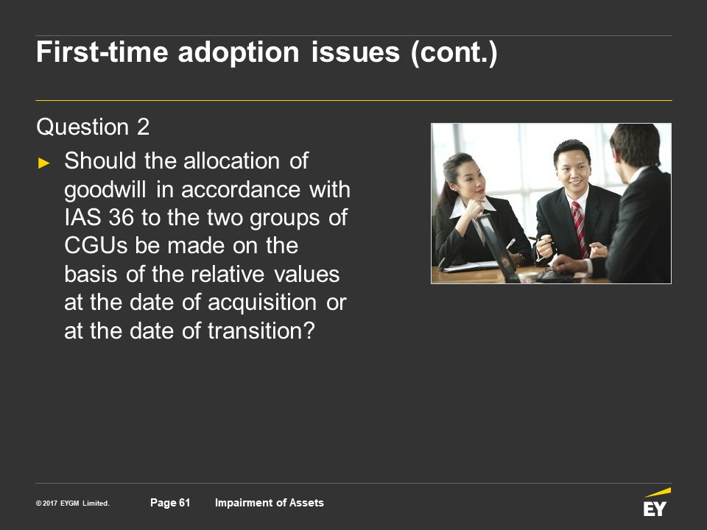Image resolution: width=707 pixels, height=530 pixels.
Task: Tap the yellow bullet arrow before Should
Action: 44,163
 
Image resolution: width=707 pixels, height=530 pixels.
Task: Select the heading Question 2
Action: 93,127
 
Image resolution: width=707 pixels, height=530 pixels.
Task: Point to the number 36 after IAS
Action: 121,217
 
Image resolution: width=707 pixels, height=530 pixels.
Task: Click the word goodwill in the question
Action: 105,191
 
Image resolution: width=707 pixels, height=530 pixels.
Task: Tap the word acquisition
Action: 262,303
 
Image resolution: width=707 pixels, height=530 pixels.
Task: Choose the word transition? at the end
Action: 261,331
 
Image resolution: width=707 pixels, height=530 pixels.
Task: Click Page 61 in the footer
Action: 170,503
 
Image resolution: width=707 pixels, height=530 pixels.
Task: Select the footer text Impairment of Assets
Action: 270,503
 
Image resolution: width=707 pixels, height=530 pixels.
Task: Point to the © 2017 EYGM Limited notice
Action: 73,503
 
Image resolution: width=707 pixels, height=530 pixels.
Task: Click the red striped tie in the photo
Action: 579,228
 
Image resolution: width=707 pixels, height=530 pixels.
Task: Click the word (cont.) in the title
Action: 454,53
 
